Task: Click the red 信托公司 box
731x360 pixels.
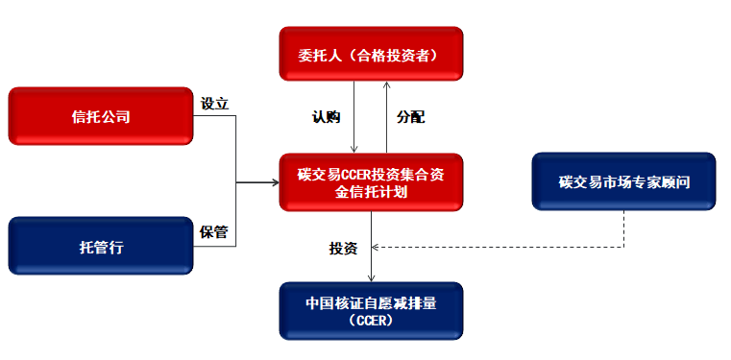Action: [100, 117]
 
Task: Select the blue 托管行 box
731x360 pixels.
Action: [100, 247]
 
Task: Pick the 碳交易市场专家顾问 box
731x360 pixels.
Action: [623, 181]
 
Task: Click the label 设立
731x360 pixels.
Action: [214, 104]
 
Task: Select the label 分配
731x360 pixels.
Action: [410, 117]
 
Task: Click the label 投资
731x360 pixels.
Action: [343, 249]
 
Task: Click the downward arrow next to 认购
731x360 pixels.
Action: [355, 120]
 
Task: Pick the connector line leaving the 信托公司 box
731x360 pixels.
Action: [216, 117]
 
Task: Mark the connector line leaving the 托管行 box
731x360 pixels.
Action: [216, 247]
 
